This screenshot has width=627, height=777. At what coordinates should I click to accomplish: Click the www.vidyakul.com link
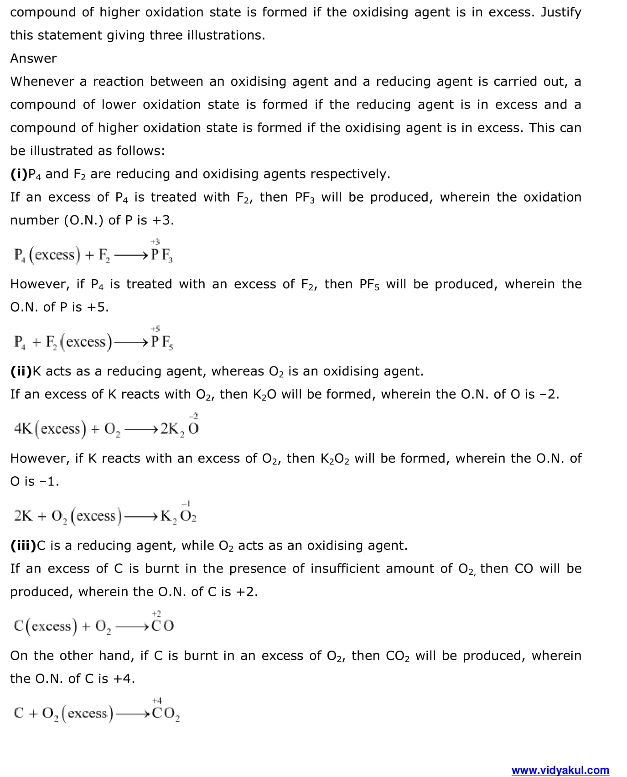pos(560,770)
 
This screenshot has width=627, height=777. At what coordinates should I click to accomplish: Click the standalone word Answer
pos(33,58)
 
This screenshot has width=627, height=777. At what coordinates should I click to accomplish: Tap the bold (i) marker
pos(19,174)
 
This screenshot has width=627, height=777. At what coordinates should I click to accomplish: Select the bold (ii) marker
pos(21,371)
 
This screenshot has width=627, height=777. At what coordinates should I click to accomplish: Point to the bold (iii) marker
pos(23,546)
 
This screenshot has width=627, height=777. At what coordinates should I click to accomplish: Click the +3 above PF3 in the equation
pos(155,241)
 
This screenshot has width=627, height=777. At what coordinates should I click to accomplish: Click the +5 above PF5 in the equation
pos(155,329)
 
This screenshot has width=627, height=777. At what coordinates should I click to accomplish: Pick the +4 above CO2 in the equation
pos(157,700)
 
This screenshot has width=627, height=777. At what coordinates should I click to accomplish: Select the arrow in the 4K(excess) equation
pos(141,429)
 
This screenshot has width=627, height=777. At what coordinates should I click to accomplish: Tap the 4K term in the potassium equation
pos(23,429)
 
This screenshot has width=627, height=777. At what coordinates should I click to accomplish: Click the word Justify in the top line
pos(561,12)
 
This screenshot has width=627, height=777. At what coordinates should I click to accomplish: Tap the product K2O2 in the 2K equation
pos(178,516)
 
